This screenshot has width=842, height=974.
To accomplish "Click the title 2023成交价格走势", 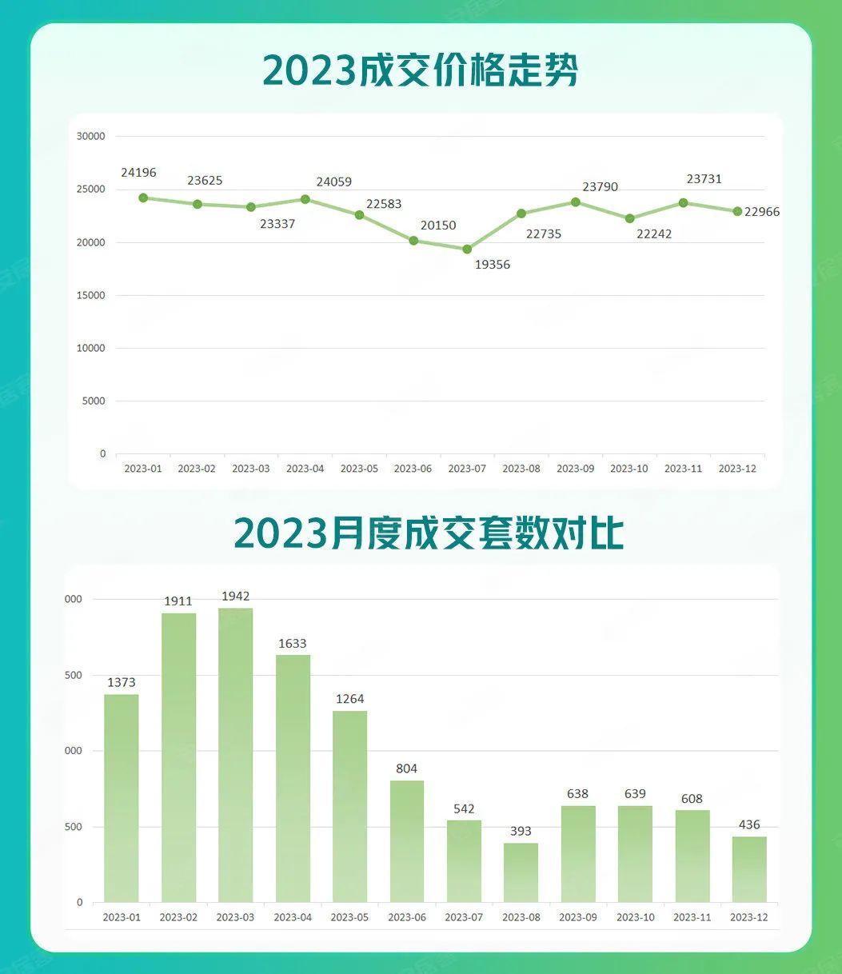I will pos(421,72).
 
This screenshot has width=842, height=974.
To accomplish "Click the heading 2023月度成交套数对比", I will pos(429,533).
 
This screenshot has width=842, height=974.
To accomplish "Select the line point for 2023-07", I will pos(467,249).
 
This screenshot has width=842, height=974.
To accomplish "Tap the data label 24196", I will pos(139,173).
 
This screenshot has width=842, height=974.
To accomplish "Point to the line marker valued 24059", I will pos(305,199).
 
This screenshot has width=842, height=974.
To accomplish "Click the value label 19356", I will pos(493,265).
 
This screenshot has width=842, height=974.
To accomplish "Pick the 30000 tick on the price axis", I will pos(90,137).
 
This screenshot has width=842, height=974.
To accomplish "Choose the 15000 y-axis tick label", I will pos(90,295).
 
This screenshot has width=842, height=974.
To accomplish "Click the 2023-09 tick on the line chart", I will pos(575,469).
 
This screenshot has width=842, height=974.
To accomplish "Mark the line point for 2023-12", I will pos(737,211).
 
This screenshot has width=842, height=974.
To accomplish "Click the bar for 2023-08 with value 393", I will pos(521,872).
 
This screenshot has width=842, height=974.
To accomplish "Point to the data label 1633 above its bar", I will pos(293,644).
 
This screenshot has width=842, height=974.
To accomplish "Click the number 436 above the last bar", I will pos(749,825).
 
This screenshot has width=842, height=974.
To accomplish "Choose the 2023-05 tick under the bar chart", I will pos(349,917).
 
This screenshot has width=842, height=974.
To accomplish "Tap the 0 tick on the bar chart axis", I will pos(79,902).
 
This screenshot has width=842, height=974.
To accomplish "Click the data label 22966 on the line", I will pos(762,213).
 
